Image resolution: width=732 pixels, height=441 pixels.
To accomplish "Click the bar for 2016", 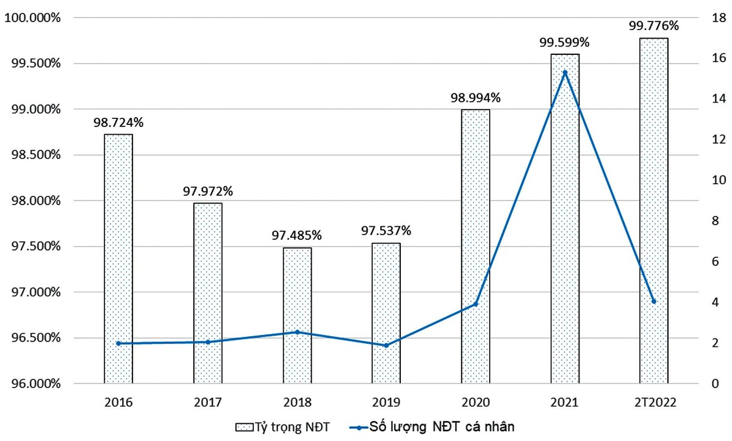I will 118,259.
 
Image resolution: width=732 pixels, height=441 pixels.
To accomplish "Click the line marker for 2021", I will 565,73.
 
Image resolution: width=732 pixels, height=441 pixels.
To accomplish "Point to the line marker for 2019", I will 386,345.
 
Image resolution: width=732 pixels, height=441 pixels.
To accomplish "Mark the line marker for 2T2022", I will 654,301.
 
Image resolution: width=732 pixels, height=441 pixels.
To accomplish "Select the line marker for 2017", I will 207,342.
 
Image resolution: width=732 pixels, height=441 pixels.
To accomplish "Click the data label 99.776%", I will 654,26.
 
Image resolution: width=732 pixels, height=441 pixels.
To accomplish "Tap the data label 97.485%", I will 297,235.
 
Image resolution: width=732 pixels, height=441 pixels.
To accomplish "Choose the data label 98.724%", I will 118,122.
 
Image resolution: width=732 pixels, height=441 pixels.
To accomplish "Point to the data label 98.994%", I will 475,98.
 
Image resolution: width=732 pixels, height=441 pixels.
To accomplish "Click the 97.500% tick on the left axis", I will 35,246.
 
